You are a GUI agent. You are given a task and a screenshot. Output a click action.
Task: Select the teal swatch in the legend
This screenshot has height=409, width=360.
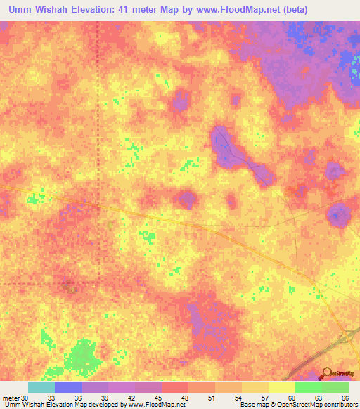click(x=41, y=387)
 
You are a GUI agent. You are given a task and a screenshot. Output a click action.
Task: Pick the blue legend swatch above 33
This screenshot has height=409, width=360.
click(x=68, y=387)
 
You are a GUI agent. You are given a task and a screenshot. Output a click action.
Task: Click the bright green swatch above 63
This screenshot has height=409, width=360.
click(x=308, y=387)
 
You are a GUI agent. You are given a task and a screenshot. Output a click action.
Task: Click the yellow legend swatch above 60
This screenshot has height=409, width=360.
click(x=281, y=387)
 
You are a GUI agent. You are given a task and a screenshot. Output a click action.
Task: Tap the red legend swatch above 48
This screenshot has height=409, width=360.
click(x=175, y=387)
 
